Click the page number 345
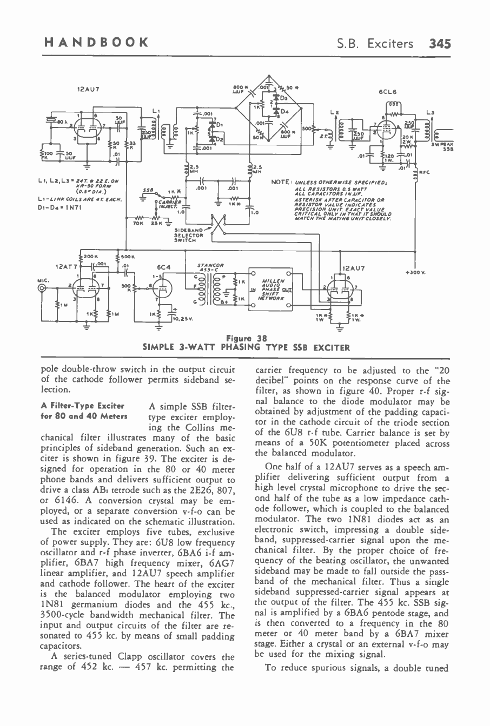click(x=440, y=43)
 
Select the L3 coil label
click(x=431, y=112)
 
